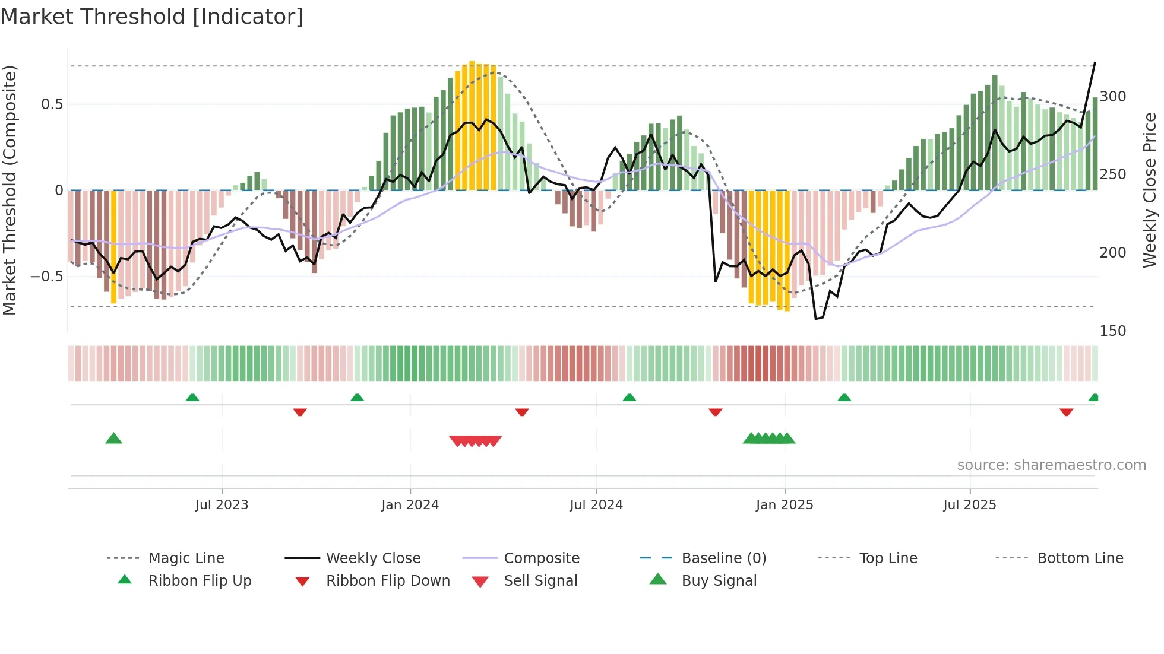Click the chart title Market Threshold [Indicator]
(x=152, y=17)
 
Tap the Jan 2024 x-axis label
(x=410, y=505)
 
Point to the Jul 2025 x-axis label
(x=969, y=505)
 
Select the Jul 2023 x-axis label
(x=222, y=505)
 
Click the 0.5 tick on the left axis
(x=52, y=104)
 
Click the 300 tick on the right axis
(x=1112, y=97)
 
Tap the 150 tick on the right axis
(x=1112, y=331)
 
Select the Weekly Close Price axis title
(x=1150, y=190)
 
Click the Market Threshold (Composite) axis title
(x=10, y=190)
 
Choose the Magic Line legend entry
(x=186, y=558)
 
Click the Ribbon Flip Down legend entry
(x=387, y=581)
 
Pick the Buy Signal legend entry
(x=719, y=581)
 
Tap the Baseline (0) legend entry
(x=723, y=558)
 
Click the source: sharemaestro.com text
(x=1051, y=465)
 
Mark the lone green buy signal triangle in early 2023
(x=113, y=439)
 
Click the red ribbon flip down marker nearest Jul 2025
(x=1066, y=412)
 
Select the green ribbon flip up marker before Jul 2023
(x=192, y=398)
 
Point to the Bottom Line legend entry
(x=1080, y=558)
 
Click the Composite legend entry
(x=541, y=558)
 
